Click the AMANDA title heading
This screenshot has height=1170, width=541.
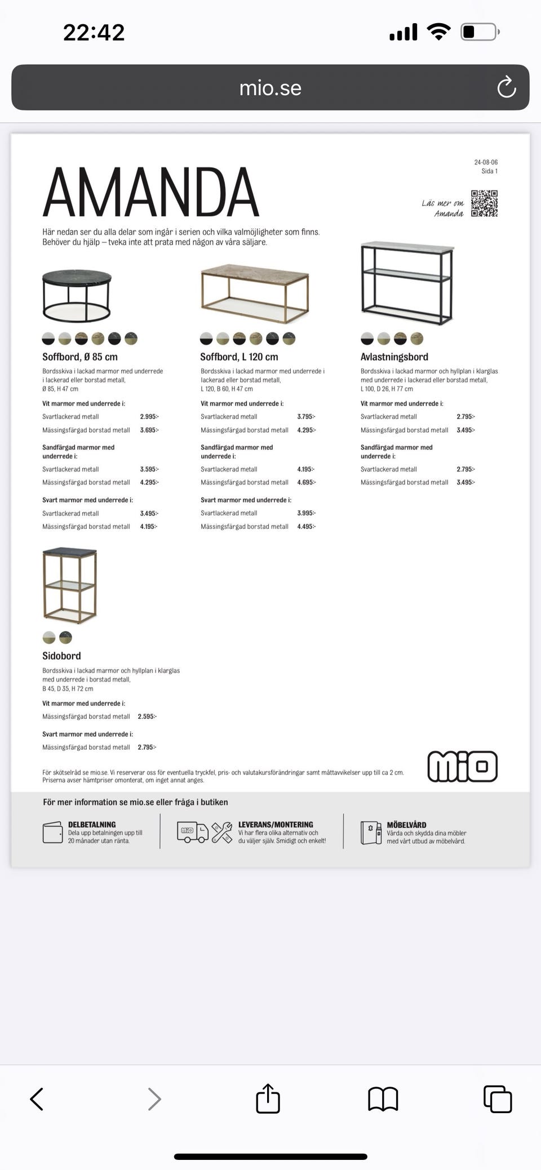(150, 193)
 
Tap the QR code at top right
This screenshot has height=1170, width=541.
(484, 203)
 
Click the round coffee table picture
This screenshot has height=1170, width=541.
(77, 296)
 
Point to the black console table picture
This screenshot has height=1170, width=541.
(407, 284)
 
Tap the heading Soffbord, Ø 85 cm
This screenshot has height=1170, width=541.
(80, 357)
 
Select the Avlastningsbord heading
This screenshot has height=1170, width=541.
(394, 357)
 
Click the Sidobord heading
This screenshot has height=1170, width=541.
(61, 656)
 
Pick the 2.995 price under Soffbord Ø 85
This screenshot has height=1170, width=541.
(149, 417)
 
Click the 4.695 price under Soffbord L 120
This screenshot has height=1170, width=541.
(307, 482)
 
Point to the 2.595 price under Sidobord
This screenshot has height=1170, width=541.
(147, 717)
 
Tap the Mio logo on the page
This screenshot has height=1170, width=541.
(462, 766)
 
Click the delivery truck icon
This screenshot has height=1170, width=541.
(193, 832)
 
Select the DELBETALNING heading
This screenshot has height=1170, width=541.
(92, 824)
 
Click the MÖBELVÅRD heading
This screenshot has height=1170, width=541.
(406, 825)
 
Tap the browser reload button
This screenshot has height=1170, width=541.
(506, 87)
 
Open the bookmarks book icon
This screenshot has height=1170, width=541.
(383, 1098)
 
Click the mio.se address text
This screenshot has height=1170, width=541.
(270, 88)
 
